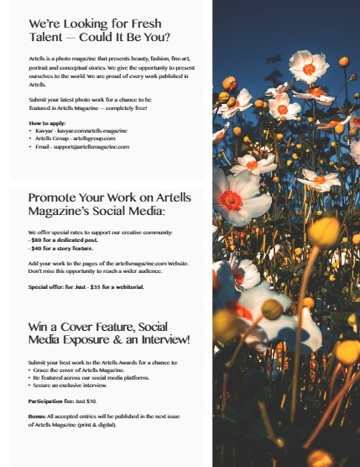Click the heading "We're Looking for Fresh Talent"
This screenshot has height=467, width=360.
click(99, 31)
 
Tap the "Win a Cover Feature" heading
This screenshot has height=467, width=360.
click(109, 332)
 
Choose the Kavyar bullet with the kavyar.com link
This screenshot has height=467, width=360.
click(81, 132)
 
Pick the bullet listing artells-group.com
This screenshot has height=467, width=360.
click(75, 139)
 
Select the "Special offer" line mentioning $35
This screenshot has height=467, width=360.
click(86, 286)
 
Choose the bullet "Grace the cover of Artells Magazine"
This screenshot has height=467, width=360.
click(85, 370)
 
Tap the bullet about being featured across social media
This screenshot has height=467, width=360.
click(93, 377)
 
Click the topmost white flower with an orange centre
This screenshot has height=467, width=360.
click(309, 66)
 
